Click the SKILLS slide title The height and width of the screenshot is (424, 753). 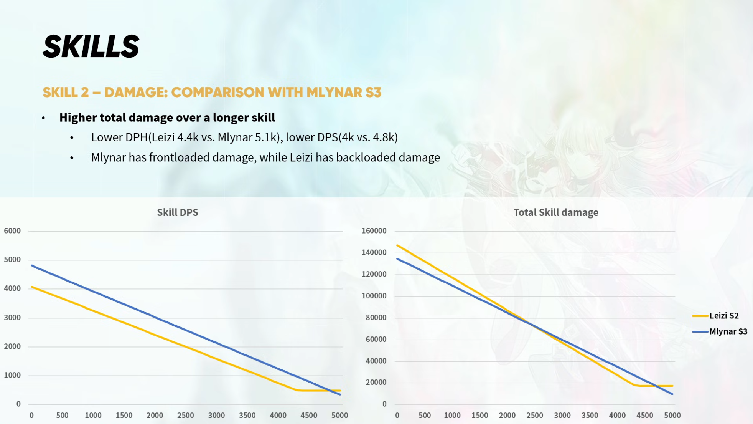[91, 46]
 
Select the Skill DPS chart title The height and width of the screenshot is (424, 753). [177, 212]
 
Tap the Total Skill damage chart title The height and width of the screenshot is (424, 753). [555, 212]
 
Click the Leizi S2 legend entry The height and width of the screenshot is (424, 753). [723, 316]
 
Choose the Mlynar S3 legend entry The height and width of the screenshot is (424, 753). [728, 331]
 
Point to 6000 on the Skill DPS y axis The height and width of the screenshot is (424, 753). [12, 230]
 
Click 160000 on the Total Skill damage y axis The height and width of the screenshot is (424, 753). [374, 230]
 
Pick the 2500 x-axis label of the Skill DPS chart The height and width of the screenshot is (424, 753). [185, 415]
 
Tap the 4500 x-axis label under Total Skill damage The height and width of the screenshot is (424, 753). [644, 415]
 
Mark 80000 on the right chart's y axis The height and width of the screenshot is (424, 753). [376, 317]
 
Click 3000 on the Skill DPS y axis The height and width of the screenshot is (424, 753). [12, 317]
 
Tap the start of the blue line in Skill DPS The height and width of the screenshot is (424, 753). [32, 265]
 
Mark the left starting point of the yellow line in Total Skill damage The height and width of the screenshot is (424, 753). [397, 245]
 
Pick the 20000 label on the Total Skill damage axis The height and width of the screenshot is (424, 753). [376, 382]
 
